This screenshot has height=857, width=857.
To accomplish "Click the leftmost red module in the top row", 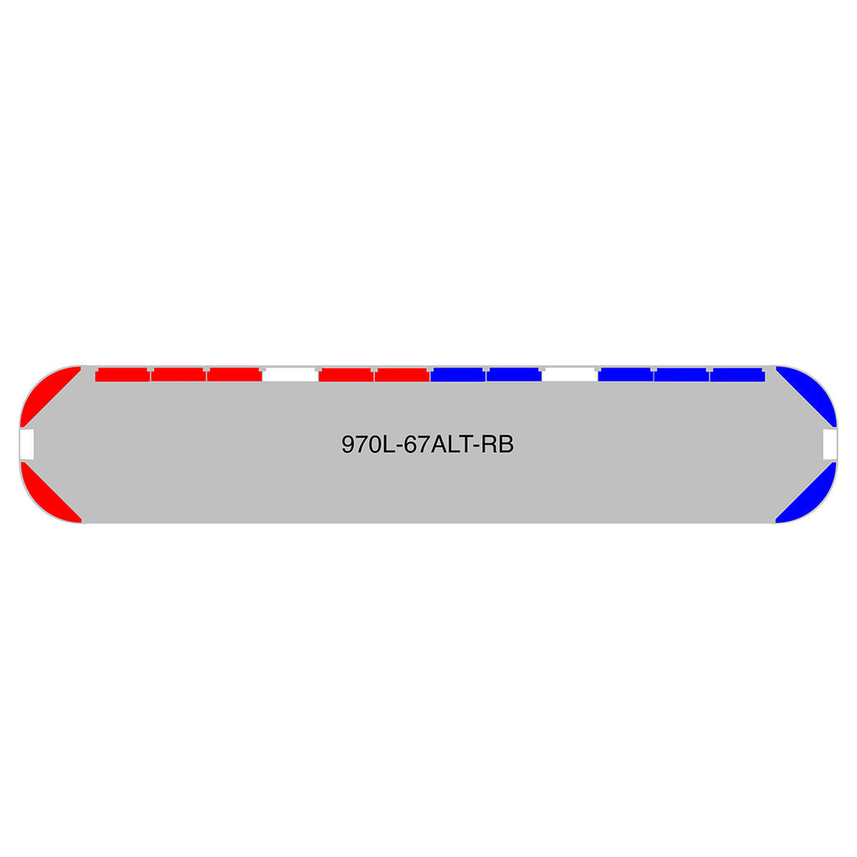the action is click(122, 374).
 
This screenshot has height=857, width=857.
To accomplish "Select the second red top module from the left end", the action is click(179, 374).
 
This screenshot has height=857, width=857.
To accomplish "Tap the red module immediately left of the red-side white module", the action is click(234, 374).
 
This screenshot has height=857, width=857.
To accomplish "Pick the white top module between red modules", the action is click(290, 374).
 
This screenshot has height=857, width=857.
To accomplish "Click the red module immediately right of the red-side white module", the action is click(346, 374).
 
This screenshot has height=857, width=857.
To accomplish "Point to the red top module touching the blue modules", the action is click(403, 374).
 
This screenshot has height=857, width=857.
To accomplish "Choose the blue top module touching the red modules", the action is click(458, 374).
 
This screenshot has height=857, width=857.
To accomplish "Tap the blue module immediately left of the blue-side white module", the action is click(514, 374).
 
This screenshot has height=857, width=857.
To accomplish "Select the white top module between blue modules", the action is click(570, 374).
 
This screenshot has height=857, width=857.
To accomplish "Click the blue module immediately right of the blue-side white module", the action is click(626, 374).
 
